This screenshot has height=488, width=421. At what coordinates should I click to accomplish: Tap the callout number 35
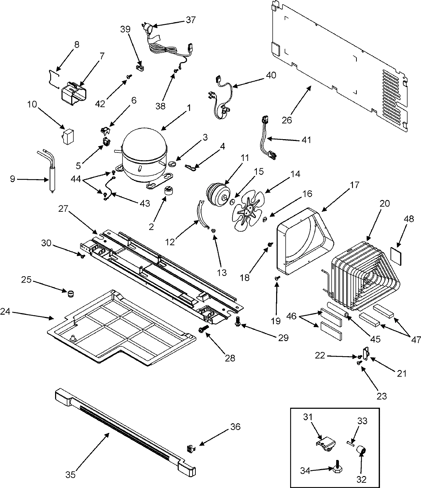pos(71,465)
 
